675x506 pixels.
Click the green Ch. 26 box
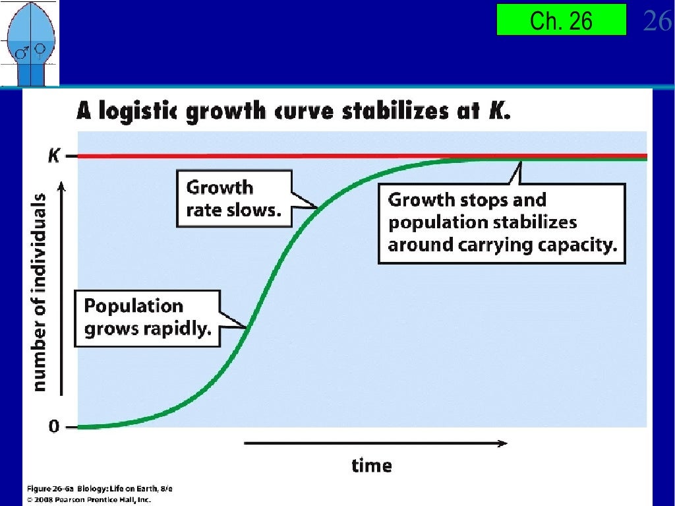[x=561, y=20]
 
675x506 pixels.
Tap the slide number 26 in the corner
[x=657, y=21]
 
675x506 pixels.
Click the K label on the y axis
[x=54, y=156]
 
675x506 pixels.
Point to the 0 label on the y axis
[x=53, y=427]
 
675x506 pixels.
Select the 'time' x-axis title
[x=371, y=465]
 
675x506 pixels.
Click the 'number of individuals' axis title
[x=40, y=292]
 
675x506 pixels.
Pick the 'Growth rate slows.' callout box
[x=233, y=199]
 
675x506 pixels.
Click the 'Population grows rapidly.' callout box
[x=147, y=317]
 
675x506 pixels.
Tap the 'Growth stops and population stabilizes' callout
[x=502, y=223]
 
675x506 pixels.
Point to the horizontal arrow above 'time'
[x=375, y=443]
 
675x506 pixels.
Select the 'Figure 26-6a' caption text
[x=53, y=489]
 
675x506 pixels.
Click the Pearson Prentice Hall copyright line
[x=88, y=499]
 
